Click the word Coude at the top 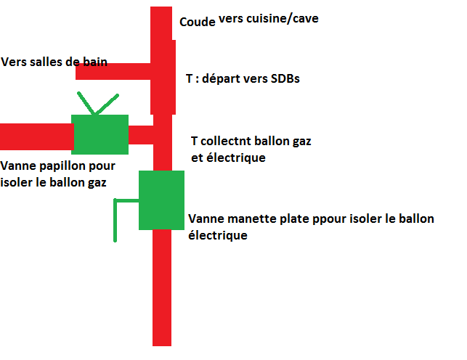[x=198, y=21]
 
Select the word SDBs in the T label [x=284, y=78]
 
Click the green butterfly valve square [x=100, y=134]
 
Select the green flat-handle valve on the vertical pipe [x=161, y=200]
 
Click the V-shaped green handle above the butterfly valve [x=96, y=103]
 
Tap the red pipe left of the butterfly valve [x=36, y=136]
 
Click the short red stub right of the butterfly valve [x=141, y=135]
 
